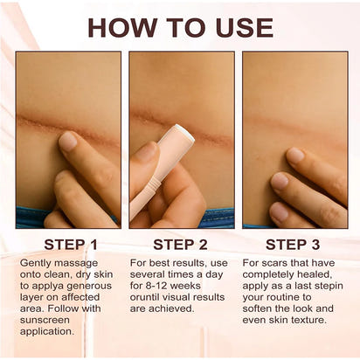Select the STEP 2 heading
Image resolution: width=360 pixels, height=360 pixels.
point(180,244)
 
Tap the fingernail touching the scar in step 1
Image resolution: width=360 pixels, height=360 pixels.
point(67,142)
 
